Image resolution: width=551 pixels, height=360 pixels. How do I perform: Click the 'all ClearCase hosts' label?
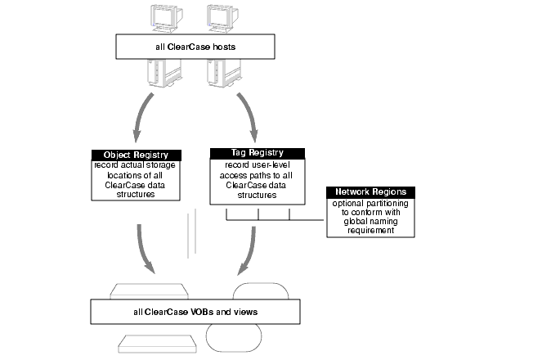(x=195, y=47)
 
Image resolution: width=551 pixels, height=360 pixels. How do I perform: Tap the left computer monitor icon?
(x=167, y=19)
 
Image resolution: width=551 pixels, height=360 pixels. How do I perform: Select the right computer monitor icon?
(x=222, y=19)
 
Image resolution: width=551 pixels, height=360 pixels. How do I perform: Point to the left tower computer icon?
(x=164, y=73)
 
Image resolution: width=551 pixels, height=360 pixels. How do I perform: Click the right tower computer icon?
(x=224, y=73)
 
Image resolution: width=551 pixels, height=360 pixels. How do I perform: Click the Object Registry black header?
(x=137, y=155)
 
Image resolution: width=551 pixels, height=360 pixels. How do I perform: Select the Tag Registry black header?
(x=258, y=153)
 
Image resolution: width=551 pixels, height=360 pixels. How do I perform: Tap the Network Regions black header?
(x=370, y=192)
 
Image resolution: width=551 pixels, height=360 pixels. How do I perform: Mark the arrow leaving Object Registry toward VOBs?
(x=143, y=250)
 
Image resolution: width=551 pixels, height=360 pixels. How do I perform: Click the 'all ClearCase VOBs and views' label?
(x=195, y=312)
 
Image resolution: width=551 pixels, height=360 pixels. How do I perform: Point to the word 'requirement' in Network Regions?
(x=370, y=231)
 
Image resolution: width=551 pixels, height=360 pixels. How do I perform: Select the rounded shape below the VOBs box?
(x=234, y=338)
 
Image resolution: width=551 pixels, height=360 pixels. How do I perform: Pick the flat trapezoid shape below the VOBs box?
(x=157, y=344)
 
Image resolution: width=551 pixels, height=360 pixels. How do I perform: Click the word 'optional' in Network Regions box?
(x=347, y=204)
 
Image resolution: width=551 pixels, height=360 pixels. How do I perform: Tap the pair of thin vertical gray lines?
(x=192, y=233)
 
